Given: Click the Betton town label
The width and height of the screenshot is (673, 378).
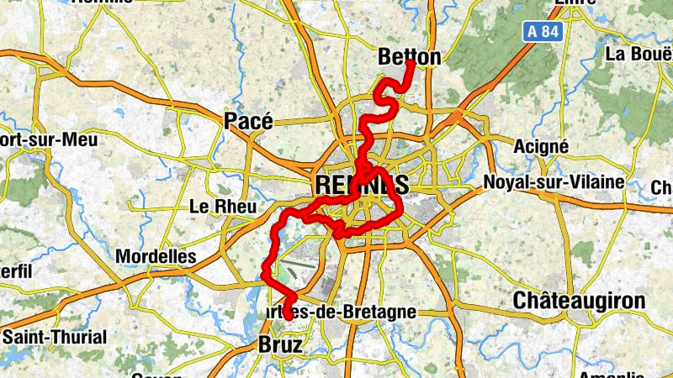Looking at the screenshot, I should click(410, 57).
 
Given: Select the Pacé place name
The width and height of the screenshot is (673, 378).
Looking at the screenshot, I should click(248, 121).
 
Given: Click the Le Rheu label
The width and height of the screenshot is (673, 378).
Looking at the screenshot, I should click(216, 206).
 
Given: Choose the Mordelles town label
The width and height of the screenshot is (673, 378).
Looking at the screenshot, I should click(156, 256).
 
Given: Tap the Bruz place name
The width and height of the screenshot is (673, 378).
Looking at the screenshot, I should click(279, 345).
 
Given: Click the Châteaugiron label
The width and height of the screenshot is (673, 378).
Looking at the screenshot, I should click(579, 301).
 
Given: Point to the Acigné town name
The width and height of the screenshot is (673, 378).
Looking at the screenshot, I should click(540, 146).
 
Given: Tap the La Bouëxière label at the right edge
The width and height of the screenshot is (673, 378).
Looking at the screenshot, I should click(639, 55).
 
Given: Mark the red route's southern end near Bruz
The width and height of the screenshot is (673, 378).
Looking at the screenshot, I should click(288, 318).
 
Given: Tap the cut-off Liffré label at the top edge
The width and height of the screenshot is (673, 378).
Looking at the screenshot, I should click(575, 3).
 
